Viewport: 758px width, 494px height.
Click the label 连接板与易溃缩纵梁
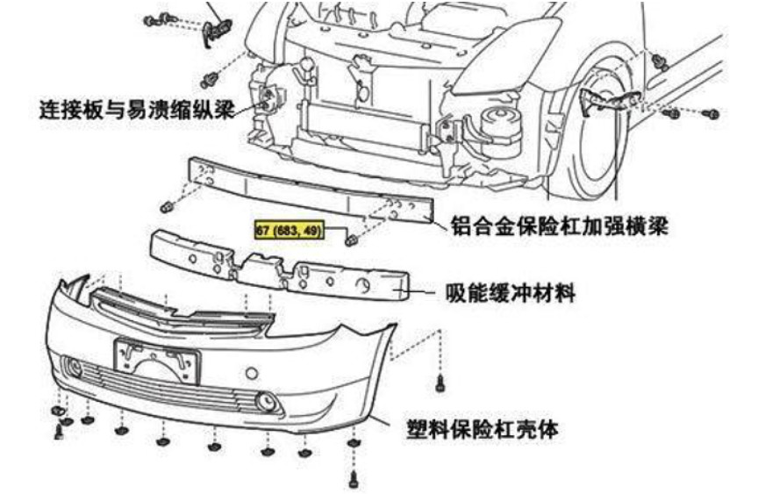click(x=137, y=111)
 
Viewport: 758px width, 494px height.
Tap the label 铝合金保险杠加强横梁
click(x=560, y=226)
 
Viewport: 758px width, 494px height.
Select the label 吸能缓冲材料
click(x=511, y=292)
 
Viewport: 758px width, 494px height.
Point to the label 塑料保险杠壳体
click(x=482, y=429)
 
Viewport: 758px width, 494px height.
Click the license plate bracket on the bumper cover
click(x=157, y=360)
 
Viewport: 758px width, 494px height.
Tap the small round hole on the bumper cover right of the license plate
click(x=252, y=373)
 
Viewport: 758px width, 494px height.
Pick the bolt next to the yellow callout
click(x=351, y=239)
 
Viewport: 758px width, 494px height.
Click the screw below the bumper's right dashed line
click(x=440, y=383)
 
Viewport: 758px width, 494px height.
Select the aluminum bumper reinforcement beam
click(x=311, y=189)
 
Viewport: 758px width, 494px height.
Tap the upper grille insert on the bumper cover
click(x=182, y=311)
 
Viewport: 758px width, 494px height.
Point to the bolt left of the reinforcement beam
click(x=167, y=207)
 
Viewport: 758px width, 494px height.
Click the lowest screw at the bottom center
click(x=354, y=479)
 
